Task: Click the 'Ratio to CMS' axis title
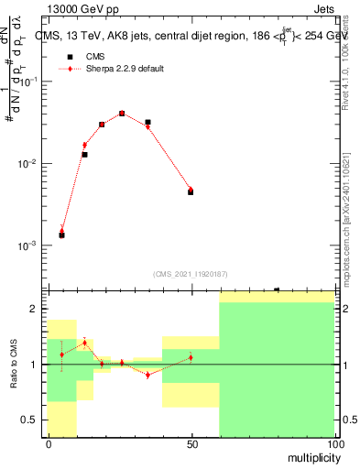tap(15, 364)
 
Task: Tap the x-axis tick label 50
tap(191, 443)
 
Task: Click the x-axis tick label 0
tap(48, 443)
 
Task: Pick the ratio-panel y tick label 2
tap(34, 309)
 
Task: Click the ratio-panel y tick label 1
tap(34, 365)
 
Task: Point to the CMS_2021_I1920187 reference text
tap(190, 274)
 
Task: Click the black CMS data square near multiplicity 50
tap(191, 192)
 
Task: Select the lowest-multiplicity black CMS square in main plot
tap(61, 235)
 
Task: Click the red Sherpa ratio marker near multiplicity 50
tap(191, 357)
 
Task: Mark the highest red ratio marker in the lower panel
tap(84, 343)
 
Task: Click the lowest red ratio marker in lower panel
tap(147, 375)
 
